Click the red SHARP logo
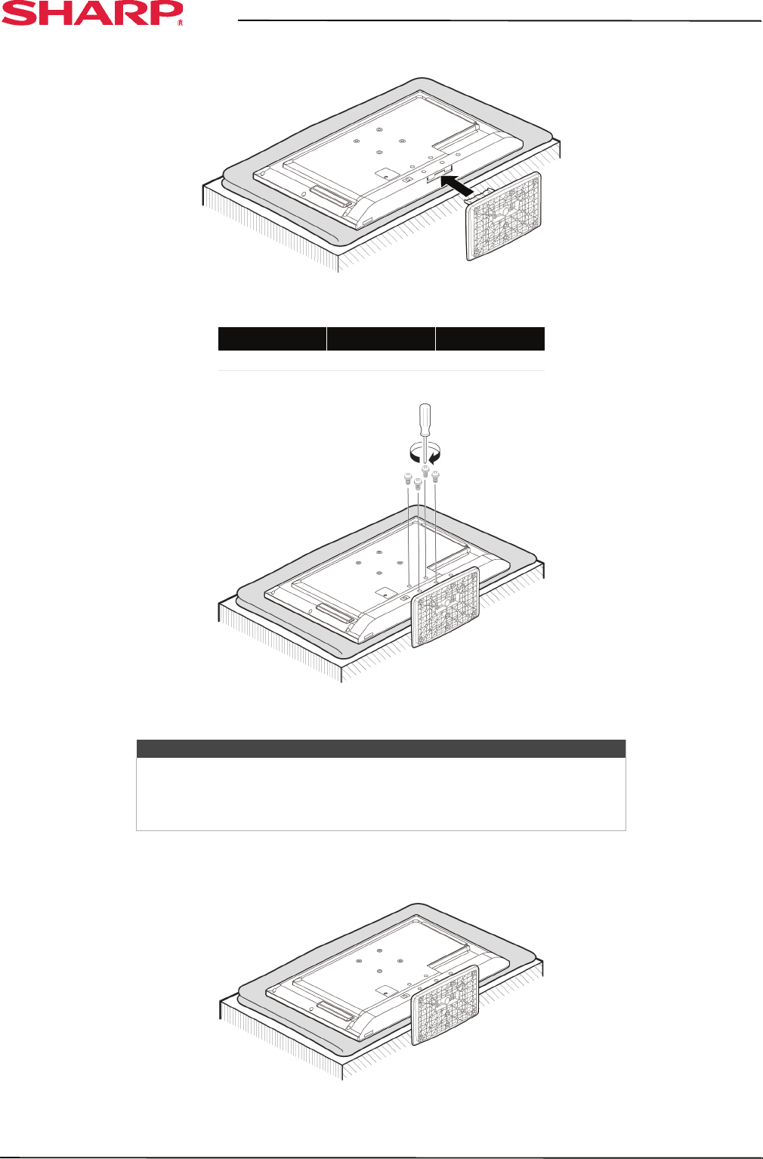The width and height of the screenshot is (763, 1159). coord(91,13)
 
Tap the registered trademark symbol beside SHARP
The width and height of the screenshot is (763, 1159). coord(180,23)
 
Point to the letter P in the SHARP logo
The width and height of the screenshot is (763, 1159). coord(164,13)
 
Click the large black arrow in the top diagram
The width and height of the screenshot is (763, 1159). coord(459,184)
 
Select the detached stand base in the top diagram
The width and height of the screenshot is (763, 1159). coord(503,216)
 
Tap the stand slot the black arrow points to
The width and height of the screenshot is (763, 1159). coord(440,175)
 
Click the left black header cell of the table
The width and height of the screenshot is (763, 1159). coord(272,338)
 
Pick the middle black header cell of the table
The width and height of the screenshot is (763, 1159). coord(381,338)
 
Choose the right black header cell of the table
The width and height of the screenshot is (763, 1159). coord(490,338)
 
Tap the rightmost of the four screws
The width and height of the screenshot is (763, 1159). coord(436,475)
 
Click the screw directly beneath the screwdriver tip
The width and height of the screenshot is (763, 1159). coord(425,471)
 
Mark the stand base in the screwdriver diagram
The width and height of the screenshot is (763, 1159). coord(445,607)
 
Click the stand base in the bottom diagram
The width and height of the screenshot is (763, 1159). coord(445,1006)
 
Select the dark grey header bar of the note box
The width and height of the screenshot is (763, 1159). coord(381,749)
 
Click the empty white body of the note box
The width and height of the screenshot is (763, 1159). coord(381,794)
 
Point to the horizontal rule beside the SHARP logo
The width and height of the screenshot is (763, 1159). coord(499,20)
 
